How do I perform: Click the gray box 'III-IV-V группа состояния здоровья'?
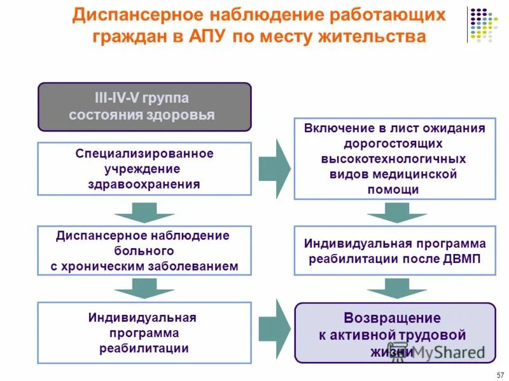point(144,107)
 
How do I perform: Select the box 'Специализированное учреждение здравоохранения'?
point(144,169)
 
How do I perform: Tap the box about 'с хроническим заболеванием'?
point(144,251)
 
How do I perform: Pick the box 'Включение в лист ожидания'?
point(394,159)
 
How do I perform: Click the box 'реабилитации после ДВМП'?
point(394,251)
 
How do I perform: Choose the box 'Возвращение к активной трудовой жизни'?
point(394,333)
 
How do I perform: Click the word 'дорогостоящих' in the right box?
point(394,144)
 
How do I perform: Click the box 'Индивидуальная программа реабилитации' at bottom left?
point(144,333)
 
